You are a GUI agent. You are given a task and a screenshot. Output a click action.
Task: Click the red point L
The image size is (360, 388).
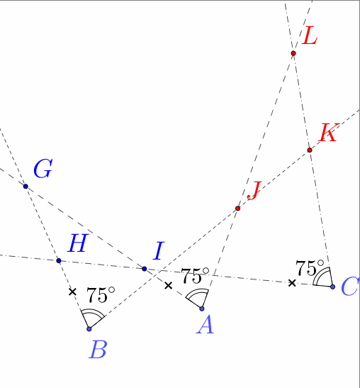[293, 53]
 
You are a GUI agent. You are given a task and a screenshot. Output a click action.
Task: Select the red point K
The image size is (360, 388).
[310, 150]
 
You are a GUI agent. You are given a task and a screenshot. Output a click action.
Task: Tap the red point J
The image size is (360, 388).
[238, 209]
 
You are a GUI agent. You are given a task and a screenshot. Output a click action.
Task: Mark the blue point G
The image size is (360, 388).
[26, 187]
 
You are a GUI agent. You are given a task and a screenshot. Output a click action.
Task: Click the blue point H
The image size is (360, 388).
[59, 260]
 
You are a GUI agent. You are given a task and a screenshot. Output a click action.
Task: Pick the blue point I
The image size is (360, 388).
[145, 269]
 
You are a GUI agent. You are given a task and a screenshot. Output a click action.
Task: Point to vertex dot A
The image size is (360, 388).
[202, 309]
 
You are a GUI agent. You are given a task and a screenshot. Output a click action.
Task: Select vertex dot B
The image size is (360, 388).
[89, 329]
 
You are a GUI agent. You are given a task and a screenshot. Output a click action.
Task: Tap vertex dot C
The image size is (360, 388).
[332, 287]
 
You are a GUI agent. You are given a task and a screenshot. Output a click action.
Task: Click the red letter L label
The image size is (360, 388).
[309, 35]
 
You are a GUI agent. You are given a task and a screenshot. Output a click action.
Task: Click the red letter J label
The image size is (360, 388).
[254, 191]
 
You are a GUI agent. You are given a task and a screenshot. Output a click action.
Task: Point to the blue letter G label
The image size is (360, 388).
[43, 169]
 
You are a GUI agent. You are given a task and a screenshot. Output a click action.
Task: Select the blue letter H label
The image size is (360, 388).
[78, 243]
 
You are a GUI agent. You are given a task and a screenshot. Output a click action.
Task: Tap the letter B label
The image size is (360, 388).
[98, 349]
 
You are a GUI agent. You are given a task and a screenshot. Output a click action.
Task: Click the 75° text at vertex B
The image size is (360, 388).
[101, 295]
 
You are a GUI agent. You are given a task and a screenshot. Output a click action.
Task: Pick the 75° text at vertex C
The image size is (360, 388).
[310, 267]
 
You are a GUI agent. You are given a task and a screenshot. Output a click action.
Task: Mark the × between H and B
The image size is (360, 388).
[72, 292]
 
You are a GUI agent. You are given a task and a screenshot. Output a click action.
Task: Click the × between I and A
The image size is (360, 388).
[168, 286]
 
